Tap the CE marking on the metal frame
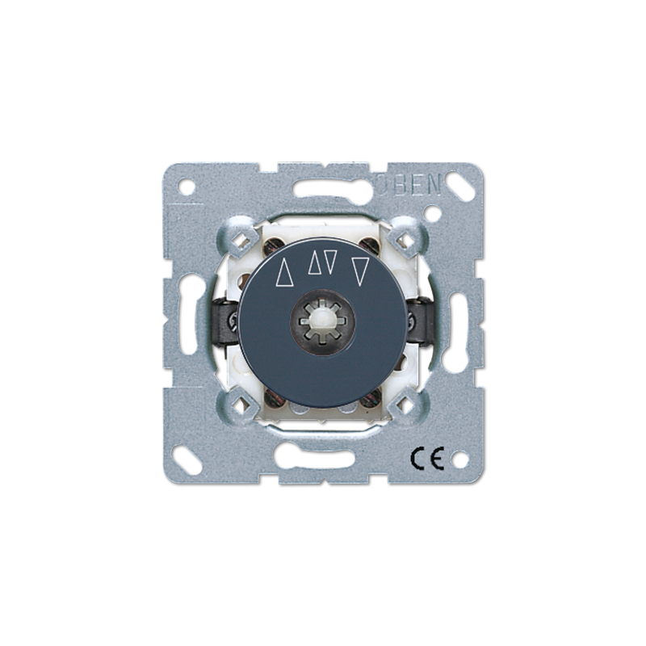point(429,459)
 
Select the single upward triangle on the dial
point(283,274)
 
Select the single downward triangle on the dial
point(360,272)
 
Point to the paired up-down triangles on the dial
point(322,262)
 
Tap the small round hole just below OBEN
point(434,216)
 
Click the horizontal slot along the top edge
point(323,192)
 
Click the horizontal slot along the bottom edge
point(323,454)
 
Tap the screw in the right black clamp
point(413,324)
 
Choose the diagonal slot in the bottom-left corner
point(191,450)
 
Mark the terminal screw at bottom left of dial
point(274,396)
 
